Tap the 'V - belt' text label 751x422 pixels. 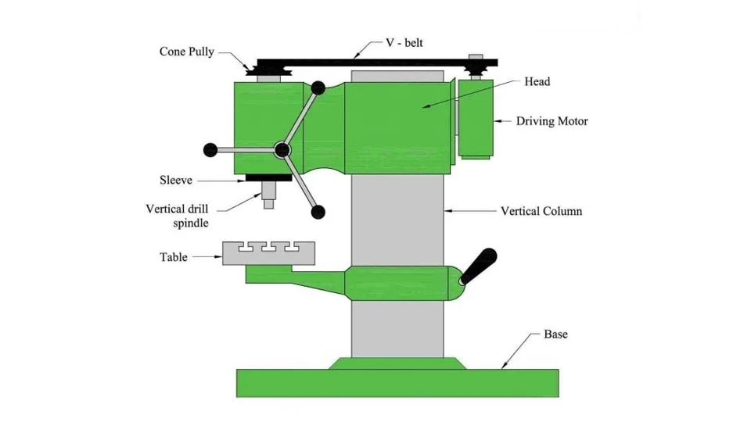coord(404,44)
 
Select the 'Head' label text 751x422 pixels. coord(537,81)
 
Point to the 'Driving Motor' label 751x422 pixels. coord(552,121)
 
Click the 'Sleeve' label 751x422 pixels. coord(176,181)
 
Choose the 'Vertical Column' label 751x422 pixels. coord(541,211)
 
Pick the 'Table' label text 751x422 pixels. coord(174,256)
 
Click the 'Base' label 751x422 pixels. coord(555,334)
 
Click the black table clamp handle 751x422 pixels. coord(479,266)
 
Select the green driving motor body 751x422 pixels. coord(476,117)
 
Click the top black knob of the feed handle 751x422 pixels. coord(319,88)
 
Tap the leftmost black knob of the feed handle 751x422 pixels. coord(210,149)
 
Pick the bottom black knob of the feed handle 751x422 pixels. coord(318,211)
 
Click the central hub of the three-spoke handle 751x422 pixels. coord(282,148)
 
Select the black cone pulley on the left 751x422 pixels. coord(268,72)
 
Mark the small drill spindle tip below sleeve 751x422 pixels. coord(268,204)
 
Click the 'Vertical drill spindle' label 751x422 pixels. coord(178,216)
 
